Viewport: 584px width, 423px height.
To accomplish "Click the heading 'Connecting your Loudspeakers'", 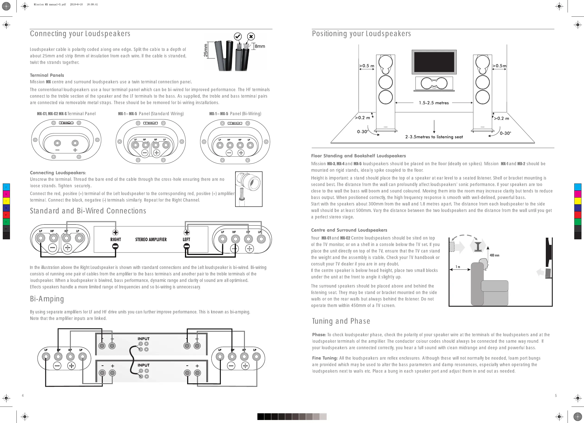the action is (x=80, y=34).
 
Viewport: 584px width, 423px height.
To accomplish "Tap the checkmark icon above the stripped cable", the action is (x=238, y=36).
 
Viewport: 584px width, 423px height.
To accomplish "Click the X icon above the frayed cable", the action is (x=251, y=36).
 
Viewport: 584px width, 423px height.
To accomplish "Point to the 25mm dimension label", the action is (x=206, y=50).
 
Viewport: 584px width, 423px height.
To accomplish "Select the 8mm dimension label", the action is (x=260, y=46).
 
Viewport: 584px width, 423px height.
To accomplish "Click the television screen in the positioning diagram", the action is (x=434, y=62).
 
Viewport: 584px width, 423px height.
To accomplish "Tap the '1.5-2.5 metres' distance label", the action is (x=434, y=103).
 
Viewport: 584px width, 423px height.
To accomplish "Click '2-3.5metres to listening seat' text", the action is (x=434, y=137).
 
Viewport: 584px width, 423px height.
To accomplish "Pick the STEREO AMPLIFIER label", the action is (x=151, y=240).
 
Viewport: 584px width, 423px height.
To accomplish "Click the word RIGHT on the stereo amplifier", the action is (x=116, y=240).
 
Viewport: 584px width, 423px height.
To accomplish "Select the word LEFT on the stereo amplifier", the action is (x=186, y=240).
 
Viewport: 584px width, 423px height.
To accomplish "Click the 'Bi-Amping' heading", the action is (x=47, y=299).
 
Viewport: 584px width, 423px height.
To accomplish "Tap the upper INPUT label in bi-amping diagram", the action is (x=144, y=339).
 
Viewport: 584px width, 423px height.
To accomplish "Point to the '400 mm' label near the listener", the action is (x=494, y=255).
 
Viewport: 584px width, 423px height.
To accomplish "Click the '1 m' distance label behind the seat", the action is (x=458, y=267).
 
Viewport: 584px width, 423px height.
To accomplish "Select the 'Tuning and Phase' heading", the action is (x=341, y=321).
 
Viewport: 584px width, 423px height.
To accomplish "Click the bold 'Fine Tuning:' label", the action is (x=325, y=358).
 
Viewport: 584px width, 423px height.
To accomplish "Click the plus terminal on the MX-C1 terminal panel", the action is (x=75, y=143).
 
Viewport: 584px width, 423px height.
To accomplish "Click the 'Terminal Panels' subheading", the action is (x=47, y=75).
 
